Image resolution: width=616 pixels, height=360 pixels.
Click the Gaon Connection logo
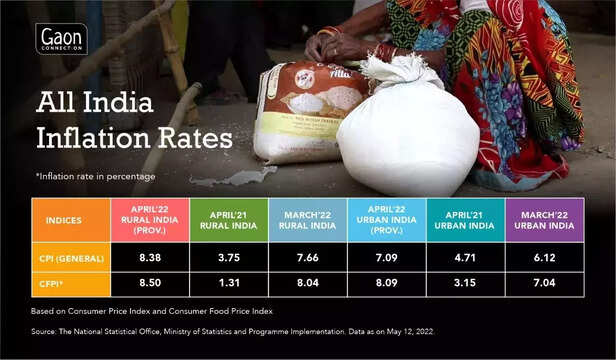(x=61, y=38)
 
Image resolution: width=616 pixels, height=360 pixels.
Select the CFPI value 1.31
(x=227, y=282)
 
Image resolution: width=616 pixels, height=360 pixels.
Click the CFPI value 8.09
(x=386, y=282)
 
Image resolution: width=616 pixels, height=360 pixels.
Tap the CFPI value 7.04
(x=543, y=282)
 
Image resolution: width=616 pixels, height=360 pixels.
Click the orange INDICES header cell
(x=71, y=219)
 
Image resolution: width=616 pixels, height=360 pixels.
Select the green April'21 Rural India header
(x=227, y=219)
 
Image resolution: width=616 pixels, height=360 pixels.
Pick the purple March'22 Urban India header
(x=543, y=219)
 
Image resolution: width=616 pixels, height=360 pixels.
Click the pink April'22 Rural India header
(x=149, y=219)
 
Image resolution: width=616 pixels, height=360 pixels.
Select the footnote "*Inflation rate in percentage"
(x=95, y=176)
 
